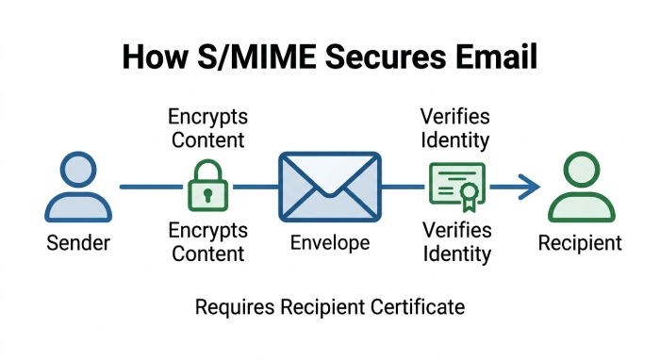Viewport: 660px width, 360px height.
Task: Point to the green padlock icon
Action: click(206, 185)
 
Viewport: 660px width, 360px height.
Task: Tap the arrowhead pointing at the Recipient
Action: click(529, 186)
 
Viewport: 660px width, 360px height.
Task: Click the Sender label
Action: click(78, 243)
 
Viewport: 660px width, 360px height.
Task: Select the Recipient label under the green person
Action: click(580, 243)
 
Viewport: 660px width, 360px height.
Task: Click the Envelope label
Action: click(329, 243)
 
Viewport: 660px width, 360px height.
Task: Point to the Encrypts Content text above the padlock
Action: click(206, 129)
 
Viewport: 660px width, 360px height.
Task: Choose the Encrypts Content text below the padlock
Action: click(206, 242)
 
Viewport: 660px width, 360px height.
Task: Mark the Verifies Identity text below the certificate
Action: click(456, 242)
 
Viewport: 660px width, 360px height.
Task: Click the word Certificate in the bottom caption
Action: click(418, 307)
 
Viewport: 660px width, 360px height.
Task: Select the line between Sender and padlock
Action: click(151, 187)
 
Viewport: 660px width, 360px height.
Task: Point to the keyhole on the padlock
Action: click(206, 194)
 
